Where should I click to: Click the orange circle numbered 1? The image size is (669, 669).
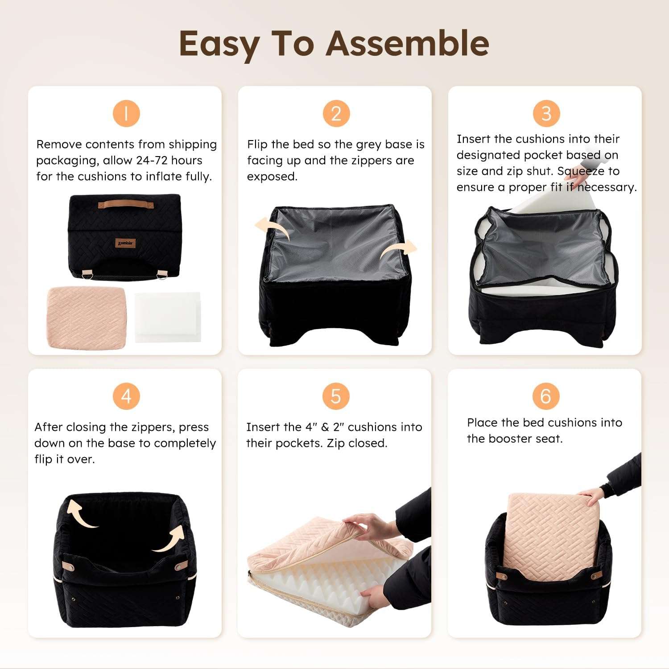(126, 113)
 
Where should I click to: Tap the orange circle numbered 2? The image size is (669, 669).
(336, 113)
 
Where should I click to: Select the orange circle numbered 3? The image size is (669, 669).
(546, 113)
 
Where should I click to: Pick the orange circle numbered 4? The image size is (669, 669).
(126, 396)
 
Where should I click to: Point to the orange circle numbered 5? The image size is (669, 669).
(336, 396)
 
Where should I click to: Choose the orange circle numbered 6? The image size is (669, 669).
(546, 396)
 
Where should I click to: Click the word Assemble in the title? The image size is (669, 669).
(408, 43)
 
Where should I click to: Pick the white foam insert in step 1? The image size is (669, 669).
(168, 317)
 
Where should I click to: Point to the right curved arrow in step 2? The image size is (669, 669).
(398, 251)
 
